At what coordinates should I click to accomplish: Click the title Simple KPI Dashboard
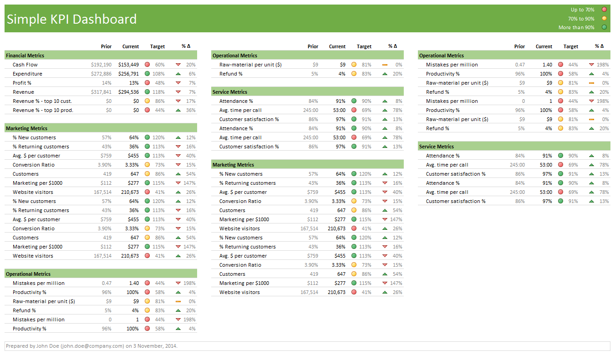click(x=72, y=19)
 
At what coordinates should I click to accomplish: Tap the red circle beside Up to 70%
click(x=605, y=10)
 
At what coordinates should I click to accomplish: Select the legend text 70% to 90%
click(x=581, y=19)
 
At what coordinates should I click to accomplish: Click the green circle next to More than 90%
click(x=605, y=27)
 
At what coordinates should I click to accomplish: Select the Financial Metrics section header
click(x=25, y=56)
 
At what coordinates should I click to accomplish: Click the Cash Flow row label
click(x=25, y=65)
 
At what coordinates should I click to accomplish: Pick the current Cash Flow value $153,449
click(x=128, y=65)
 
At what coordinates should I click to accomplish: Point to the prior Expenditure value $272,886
click(x=101, y=74)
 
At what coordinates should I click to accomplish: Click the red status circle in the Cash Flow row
click(x=147, y=65)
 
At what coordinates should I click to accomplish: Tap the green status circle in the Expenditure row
click(x=147, y=74)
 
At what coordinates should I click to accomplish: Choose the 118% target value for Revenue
click(x=159, y=92)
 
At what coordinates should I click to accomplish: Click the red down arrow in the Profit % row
click(x=178, y=83)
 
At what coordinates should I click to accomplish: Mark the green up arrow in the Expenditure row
click(x=178, y=74)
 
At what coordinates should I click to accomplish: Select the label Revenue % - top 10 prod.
click(x=43, y=110)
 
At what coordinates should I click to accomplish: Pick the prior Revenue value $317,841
click(x=101, y=92)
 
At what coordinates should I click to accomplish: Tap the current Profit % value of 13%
click(x=134, y=83)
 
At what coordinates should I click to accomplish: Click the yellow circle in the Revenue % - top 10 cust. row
click(x=147, y=101)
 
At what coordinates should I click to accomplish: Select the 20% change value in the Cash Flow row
click(x=191, y=65)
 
